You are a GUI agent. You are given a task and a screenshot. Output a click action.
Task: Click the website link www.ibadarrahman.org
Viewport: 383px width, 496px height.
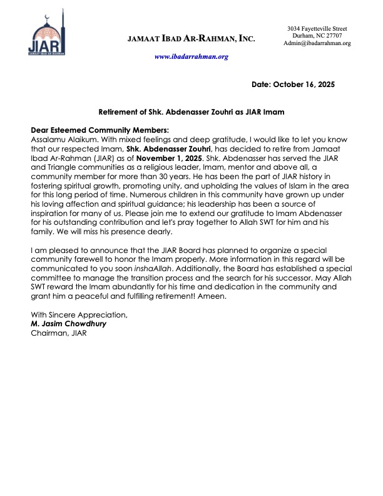coord(191,56)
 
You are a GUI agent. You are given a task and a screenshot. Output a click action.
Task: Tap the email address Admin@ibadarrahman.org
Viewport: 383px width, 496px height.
coord(317,43)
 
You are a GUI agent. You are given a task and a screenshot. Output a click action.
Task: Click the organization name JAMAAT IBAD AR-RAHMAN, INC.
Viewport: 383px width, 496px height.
coord(191,39)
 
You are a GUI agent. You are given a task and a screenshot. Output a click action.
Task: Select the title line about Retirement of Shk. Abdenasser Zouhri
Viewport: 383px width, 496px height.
coord(192,111)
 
